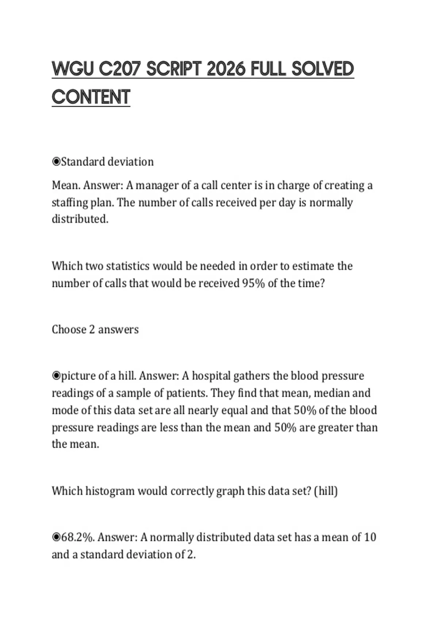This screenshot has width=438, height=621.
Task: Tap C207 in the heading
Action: [120, 69]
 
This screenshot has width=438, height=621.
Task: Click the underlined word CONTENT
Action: [91, 97]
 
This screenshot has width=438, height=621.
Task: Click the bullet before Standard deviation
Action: [56, 161]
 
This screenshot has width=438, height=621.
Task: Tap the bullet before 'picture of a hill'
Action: [56, 376]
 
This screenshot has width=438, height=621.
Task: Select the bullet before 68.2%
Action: [56, 537]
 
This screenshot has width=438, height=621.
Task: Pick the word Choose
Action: [69, 329]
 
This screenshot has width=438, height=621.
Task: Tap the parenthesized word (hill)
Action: [326, 491]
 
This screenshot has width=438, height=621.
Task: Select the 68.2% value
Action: [78, 537]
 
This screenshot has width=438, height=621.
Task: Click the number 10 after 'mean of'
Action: [370, 537]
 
